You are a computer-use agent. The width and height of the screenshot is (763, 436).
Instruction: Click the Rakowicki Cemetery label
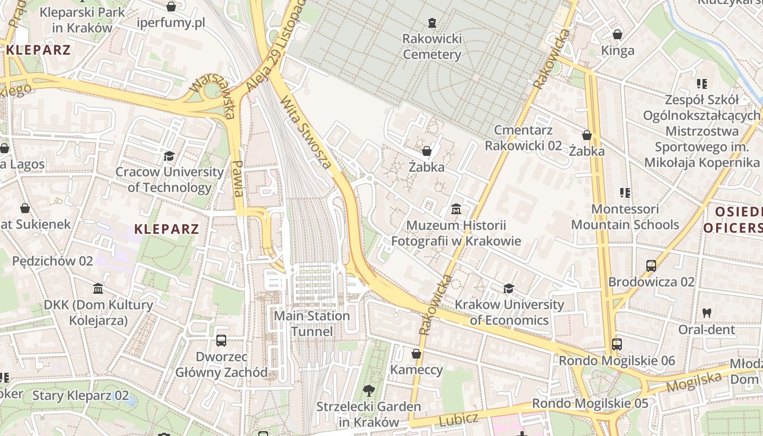[432, 47]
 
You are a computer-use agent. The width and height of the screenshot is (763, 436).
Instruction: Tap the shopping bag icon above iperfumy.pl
[171, 7]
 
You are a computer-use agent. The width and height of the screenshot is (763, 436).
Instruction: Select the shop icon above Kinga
[617, 34]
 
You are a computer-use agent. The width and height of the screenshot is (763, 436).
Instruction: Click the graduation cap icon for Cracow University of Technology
[169, 156]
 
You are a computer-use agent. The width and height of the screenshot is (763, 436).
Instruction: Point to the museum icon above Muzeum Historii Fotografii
[456, 209]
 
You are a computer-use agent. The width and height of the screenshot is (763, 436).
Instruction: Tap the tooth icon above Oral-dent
[707, 313]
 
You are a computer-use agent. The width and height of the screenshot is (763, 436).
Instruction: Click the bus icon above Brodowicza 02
[651, 265]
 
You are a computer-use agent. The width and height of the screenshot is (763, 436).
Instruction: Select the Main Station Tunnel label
[312, 324]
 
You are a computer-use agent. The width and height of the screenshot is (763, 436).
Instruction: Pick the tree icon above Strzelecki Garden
[369, 390]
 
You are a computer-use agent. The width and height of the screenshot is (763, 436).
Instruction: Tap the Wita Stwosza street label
[306, 132]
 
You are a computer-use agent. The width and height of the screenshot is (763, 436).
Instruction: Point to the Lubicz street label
[458, 420]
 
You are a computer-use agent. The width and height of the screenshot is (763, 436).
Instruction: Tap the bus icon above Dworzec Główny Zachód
[221, 341]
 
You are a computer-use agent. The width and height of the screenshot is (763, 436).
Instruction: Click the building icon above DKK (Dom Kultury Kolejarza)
[98, 288]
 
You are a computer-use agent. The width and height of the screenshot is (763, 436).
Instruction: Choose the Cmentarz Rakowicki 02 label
[523, 138]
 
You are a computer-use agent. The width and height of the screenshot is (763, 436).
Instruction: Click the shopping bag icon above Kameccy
[416, 354]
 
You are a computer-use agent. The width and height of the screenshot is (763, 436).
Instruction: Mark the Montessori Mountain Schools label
[625, 217]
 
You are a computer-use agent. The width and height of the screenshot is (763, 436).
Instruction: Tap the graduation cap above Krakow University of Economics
[508, 288]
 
